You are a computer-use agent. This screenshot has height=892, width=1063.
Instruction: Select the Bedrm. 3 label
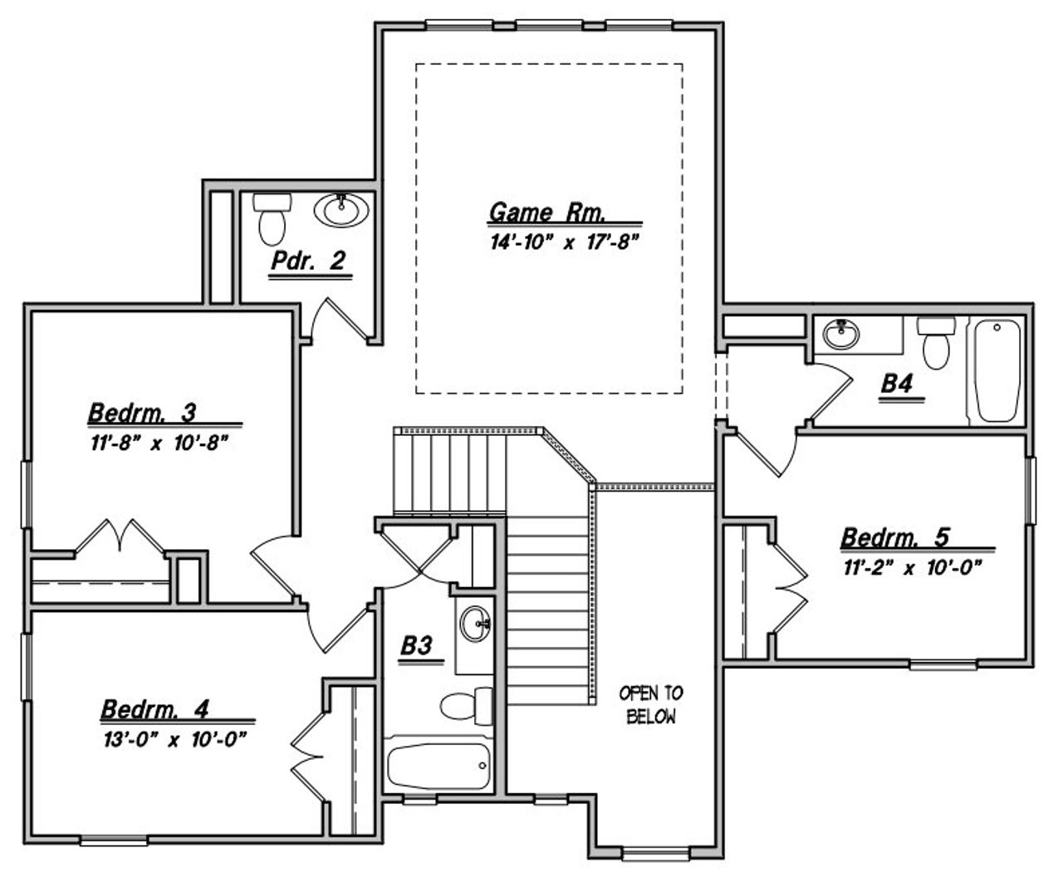(x=142, y=412)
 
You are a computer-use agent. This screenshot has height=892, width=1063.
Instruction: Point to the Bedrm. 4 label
(x=154, y=709)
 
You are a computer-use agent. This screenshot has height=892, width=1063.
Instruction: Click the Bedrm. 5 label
(x=894, y=538)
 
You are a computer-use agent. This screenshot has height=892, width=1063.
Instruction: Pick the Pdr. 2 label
(x=307, y=262)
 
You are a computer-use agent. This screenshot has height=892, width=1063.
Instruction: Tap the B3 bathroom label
(x=420, y=645)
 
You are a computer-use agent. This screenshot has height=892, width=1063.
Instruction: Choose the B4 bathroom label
(x=897, y=384)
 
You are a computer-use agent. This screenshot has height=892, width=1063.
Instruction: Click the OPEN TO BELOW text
(x=651, y=704)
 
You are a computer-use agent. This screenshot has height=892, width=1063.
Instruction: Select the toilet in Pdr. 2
(x=271, y=218)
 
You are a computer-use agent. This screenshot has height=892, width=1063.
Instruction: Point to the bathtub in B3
(x=438, y=766)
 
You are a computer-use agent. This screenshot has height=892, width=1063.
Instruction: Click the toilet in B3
(x=466, y=705)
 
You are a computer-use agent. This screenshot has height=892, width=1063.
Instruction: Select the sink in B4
(x=842, y=335)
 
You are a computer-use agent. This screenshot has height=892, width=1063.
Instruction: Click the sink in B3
(x=476, y=624)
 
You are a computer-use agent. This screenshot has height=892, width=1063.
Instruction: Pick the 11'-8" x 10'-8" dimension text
(x=159, y=443)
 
